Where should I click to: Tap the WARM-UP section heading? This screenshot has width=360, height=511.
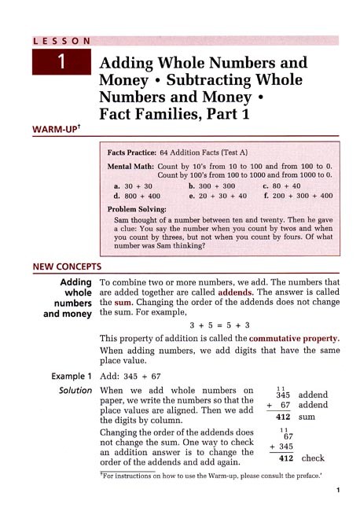pyautogui.click(x=57, y=127)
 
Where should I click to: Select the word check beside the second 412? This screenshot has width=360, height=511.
pyautogui.click(x=313, y=458)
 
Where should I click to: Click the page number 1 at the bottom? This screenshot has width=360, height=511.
pyautogui.click(x=336, y=491)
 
